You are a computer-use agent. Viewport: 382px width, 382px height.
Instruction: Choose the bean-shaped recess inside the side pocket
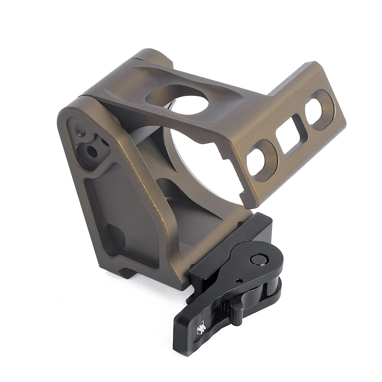[115, 237]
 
